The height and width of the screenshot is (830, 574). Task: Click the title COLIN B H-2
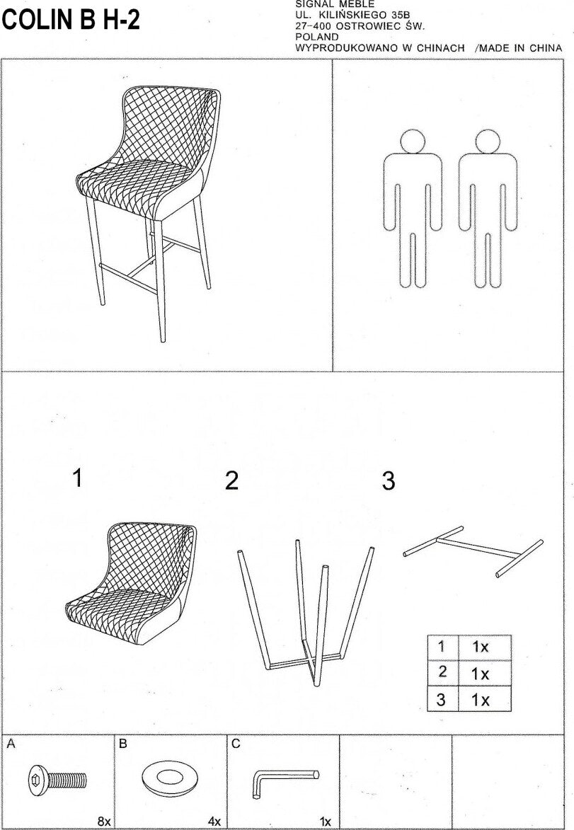71,21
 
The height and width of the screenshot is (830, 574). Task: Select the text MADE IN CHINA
521,48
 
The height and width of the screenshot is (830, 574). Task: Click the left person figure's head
412,142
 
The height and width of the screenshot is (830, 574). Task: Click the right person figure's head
486,142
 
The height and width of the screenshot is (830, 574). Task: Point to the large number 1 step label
77,478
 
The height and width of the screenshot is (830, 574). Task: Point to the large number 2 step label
231,481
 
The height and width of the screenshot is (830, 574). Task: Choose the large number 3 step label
388,481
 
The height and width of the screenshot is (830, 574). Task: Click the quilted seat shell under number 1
131,580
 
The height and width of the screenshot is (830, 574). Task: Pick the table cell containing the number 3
442,700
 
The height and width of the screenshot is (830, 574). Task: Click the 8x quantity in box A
104,821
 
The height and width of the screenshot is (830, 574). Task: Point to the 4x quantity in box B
214,821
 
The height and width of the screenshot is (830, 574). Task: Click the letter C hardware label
236,744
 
